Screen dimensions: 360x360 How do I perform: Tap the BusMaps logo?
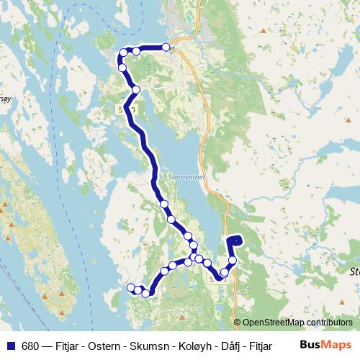click(x=327, y=346)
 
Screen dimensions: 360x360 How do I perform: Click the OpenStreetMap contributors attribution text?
click(x=297, y=322)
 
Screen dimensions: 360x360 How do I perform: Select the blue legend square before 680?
click(x=9, y=346)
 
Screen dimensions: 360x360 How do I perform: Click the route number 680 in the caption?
click(x=30, y=346)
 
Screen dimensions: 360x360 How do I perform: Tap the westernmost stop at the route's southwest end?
click(x=131, y=287)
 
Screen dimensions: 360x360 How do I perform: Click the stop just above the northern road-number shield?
click(x=136, y=89)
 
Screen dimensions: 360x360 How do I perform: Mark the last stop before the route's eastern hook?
click(x=233, y=261)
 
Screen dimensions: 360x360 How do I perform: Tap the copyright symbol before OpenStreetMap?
click(x=238, y=322)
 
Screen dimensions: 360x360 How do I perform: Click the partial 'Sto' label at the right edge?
click(x=354, y=272)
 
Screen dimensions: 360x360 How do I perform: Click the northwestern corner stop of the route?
click(x=124, y=52)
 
